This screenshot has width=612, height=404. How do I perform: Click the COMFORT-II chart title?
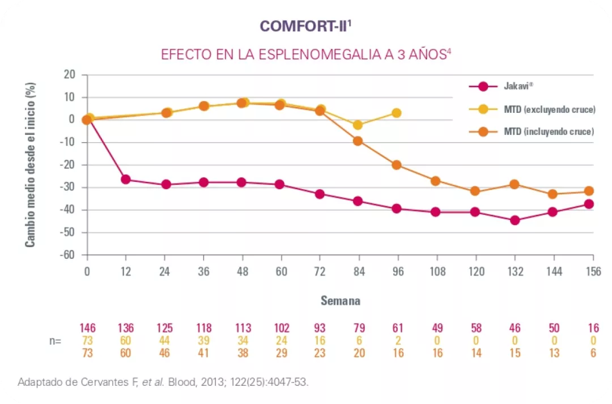tap(306, 27)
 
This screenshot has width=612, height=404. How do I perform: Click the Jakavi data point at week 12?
tap(126, 180)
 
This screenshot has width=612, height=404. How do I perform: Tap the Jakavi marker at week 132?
tap(515, 220)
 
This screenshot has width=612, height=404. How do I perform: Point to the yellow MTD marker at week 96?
tap(397, 113)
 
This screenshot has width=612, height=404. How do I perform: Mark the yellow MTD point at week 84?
tap(358, 125)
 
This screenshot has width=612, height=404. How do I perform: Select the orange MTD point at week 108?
tap(436, 181)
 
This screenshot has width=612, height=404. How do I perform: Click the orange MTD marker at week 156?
tap(589, 191)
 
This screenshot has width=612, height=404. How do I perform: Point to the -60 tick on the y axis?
tap(67, 255)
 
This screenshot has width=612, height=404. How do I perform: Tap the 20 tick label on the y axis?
tap(69, 74)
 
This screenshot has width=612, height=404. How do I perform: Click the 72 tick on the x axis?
tap(320, 271)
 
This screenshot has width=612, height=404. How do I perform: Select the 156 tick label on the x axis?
tap(593, 271)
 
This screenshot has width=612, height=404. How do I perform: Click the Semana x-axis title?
tap(340, 301)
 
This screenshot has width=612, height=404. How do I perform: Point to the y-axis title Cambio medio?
tap(31, 164)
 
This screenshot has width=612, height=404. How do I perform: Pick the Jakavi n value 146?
tap(87, 328)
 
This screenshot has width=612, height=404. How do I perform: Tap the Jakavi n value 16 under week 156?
tap(592, 328)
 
